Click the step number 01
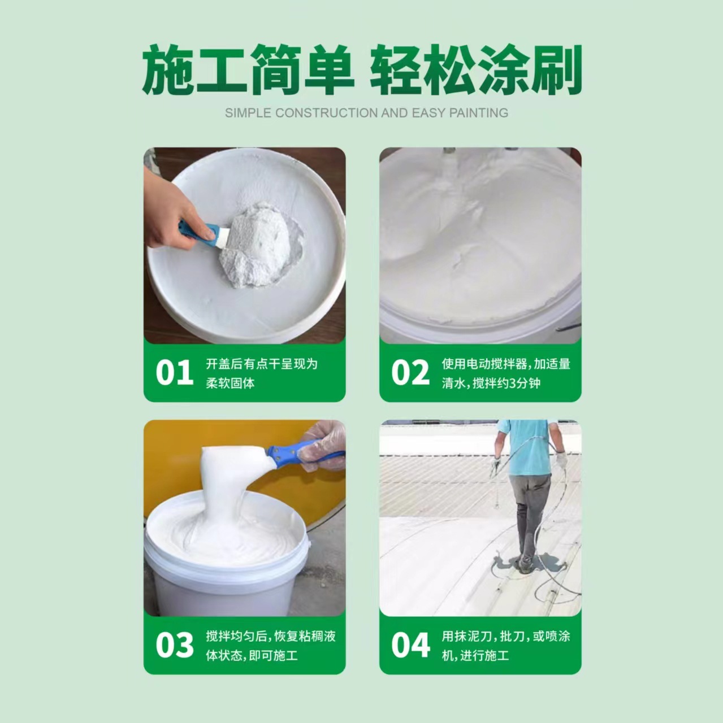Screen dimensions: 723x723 pyautogui.click(x=174, y=373)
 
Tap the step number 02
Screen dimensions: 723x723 pyautogui.click(x=410, y=373)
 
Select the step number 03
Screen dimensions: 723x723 pyautogui.click(x=174, y=646)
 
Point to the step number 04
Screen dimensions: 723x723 pyautogui.click(x=410, y=646)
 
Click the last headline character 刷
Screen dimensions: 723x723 pyautogui.click(x=556, y=71)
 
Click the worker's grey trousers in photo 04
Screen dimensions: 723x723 pyautogui.click(x=529, y=508)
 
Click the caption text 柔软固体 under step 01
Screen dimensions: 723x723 pyautogui.click(x=230, y=384)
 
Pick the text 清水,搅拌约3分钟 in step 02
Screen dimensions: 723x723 pyautogui.click(x=491, y=384)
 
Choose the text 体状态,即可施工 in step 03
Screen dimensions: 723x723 pyautogui.click(x=252, y=656)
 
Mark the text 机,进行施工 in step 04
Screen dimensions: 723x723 pyautogui.click(x=475, y=656)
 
